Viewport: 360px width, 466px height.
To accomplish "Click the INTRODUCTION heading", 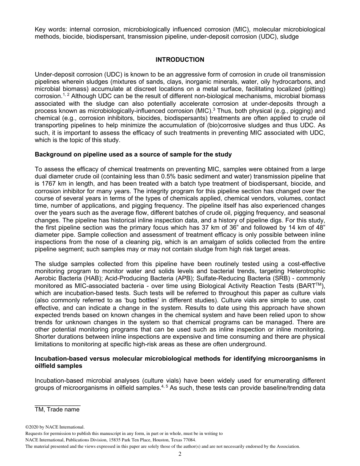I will click(180, 60).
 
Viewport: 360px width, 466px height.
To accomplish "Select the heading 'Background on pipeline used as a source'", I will click(133, 155).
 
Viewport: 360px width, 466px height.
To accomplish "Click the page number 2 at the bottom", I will click(180, 454).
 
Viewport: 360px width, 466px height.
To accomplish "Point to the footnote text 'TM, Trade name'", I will click(57, 410).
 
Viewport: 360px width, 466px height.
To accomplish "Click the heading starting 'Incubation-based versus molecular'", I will click(180, 359).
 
